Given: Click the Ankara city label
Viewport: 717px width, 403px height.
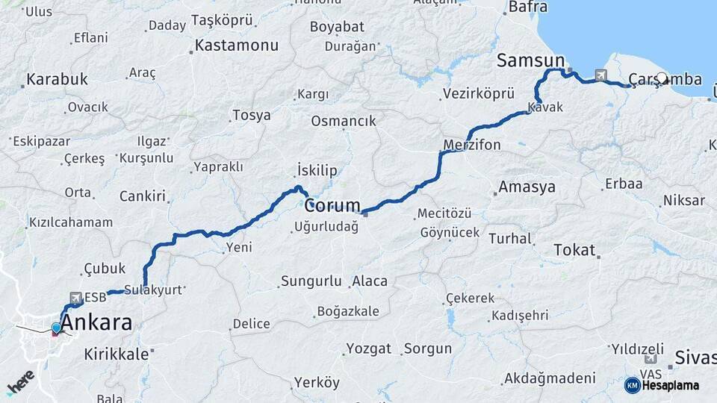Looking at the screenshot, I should click(x=97, y=323).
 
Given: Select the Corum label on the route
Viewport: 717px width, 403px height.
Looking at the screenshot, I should click(x=332, y=205).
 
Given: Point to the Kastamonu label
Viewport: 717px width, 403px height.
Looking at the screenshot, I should click(x=236, y=46).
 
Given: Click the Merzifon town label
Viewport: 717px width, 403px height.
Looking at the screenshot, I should click(x=471, y=144).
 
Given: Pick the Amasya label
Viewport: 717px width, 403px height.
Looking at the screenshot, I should click(x=527, y=187).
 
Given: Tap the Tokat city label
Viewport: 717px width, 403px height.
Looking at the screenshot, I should click(x=574, y=250).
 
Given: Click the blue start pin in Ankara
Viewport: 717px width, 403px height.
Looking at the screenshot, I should click(x=56, y=328).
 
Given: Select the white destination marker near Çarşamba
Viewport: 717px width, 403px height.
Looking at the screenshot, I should click(x=662, y=77).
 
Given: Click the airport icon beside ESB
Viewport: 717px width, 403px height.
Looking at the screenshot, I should click(x=75, y=298).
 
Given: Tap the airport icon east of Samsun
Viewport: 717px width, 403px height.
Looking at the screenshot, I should click(x=600, y=75).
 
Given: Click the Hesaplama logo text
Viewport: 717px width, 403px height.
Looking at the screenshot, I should click(x=669, y=385).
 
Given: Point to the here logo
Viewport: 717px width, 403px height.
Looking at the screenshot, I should click(x=21, y=381).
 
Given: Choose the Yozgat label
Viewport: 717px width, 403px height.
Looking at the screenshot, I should click(x=368, y=349).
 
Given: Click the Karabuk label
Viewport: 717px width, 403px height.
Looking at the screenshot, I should click(x=57, y=79).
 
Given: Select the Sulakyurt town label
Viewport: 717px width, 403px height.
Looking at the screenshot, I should click(x=152, y=290).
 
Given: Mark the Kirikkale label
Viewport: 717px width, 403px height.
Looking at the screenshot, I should click(x=116, y=354).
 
